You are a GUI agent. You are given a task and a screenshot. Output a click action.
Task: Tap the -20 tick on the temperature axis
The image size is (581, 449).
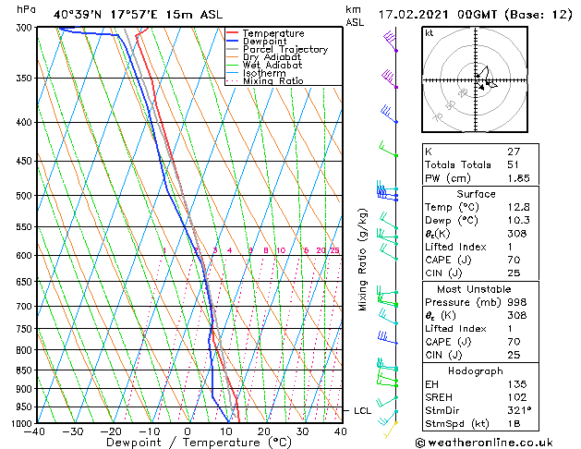click(111, 431)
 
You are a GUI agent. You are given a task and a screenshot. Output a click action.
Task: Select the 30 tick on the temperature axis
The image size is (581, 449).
click(302, 431)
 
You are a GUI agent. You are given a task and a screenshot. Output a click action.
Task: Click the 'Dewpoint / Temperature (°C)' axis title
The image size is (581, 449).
click(188, 443)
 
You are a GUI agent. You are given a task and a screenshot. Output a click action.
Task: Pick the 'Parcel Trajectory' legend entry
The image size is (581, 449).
click(284, 49)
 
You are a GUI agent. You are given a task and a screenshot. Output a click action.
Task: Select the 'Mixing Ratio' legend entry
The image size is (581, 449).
click(273, 81)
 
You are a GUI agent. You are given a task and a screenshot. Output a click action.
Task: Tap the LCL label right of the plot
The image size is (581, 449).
click(361, 409)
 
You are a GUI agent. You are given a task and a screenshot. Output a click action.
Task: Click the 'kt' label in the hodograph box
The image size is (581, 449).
click(430, 33)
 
